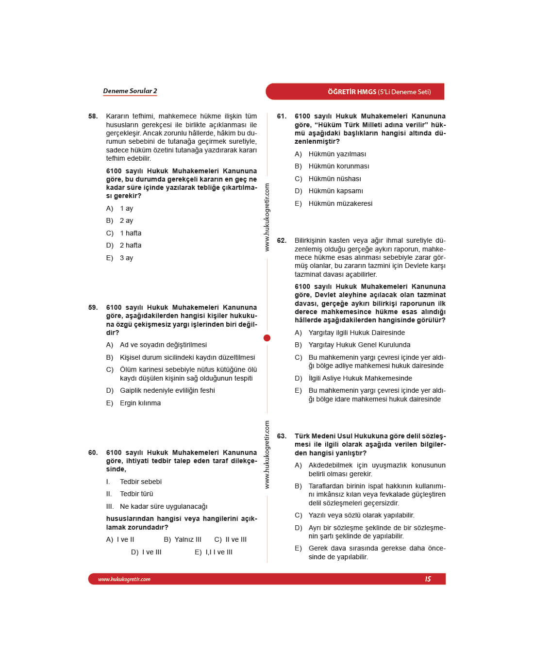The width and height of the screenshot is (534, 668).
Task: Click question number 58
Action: (93, 117)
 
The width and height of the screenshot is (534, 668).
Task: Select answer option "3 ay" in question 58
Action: (126, 258)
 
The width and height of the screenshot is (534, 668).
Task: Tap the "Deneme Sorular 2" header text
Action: (130, 91)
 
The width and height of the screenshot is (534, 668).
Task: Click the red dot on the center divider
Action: (267, 338)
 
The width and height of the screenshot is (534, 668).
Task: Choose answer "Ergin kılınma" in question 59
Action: (140, 403)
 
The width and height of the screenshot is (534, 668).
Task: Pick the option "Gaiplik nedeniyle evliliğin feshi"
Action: (167, 390)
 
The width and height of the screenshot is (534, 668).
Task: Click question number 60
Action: (93, 452)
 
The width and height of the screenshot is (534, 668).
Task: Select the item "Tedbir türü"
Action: (136, 494)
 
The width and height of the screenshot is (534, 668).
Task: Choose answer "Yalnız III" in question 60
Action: (187, 539)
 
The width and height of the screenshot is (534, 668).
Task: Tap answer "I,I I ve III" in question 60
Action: (218, 552)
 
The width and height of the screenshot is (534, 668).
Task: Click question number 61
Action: (282, 117)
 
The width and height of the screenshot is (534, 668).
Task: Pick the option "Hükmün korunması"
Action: (338, 166)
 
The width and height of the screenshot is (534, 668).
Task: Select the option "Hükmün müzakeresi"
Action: (340, 203)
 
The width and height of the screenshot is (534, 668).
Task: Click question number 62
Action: (282, 241)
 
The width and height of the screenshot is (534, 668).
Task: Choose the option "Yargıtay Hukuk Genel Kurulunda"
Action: (359, 345)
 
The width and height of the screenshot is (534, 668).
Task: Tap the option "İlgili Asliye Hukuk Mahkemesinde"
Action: (360, 378)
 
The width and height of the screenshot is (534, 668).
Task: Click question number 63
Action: (282, 436)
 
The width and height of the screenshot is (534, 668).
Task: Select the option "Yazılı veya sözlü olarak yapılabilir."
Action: (361, 515)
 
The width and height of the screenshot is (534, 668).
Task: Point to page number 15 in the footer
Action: (428, 579)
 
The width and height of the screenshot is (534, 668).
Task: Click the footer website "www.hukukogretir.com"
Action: (124, 579)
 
